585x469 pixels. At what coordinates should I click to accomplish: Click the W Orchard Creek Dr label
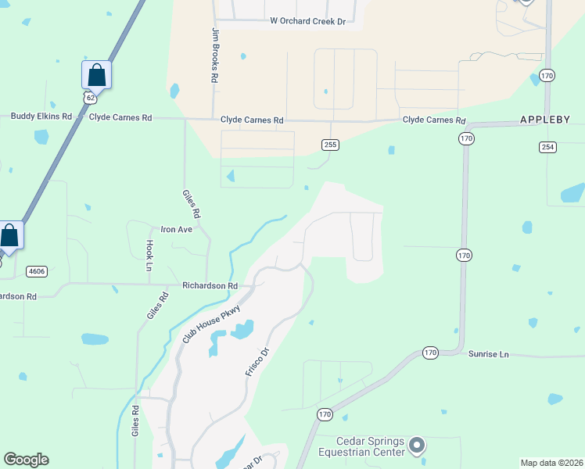click(x=307, y=21)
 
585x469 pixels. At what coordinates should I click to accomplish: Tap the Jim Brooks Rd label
click(x=214, y=55)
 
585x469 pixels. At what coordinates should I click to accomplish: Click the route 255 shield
click(x=330, y=144)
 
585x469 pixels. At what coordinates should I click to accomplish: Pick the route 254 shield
click(x=547, y=147)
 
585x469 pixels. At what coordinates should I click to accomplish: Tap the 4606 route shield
click(x=36, y=271)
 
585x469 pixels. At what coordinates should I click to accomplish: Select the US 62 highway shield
click(x=91, y=98)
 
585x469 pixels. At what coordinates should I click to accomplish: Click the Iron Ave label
click(x=176, y=229)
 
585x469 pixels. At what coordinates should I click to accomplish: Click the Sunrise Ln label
click(x=488, y=354)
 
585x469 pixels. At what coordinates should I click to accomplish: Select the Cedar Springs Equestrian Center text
click(x=361, y=446)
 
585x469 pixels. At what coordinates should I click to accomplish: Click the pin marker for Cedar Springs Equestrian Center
click(x=417, y=446)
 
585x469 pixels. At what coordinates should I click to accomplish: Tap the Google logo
click(x=26, y=460)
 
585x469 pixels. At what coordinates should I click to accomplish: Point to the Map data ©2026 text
click(x=551, y=463)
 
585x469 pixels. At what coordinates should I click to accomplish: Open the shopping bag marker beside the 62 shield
click(x=96, y=75)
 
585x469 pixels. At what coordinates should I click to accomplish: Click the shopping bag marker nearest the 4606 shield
click(x=9, y=234)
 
